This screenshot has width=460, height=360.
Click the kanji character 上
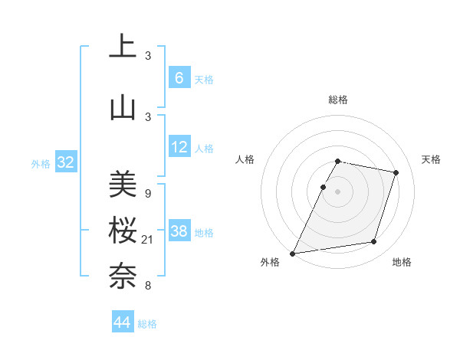click(x=122, y=47)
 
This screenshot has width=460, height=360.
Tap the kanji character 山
click(x=122, y=108)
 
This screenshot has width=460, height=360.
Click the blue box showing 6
click(x=179, y=78)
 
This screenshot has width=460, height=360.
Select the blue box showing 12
click(x=179, y=147)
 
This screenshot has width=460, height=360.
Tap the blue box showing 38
click(x=179, y=231)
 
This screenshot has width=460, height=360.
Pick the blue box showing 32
click(x=66, y=163)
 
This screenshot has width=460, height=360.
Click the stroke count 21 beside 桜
click(x=148, y=241)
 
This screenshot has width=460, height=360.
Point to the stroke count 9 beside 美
click(x=147, y=194)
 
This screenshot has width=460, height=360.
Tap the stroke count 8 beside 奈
click(x=147, y=286)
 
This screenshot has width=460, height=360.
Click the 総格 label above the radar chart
click(x=337, y=100)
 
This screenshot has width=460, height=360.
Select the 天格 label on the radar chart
click(x=431, y=159)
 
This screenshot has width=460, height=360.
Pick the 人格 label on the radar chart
click(x=245, y=159)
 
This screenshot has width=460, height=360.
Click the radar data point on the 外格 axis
click(x=293, y=253)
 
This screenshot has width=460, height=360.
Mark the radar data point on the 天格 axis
click(x=396, y=172)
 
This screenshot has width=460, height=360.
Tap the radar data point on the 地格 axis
click(x=374, y=242)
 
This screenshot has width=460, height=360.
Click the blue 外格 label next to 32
click(x=41, y=164)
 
